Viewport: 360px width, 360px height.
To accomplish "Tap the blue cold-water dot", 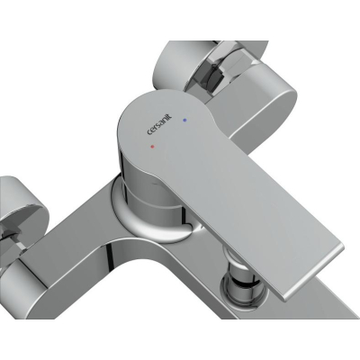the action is point(184,120).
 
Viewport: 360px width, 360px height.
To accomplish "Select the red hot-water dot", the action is point(152,148).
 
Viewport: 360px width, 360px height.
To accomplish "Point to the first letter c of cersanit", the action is point(149,132).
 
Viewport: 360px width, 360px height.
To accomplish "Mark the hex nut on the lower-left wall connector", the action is point(12,237).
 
